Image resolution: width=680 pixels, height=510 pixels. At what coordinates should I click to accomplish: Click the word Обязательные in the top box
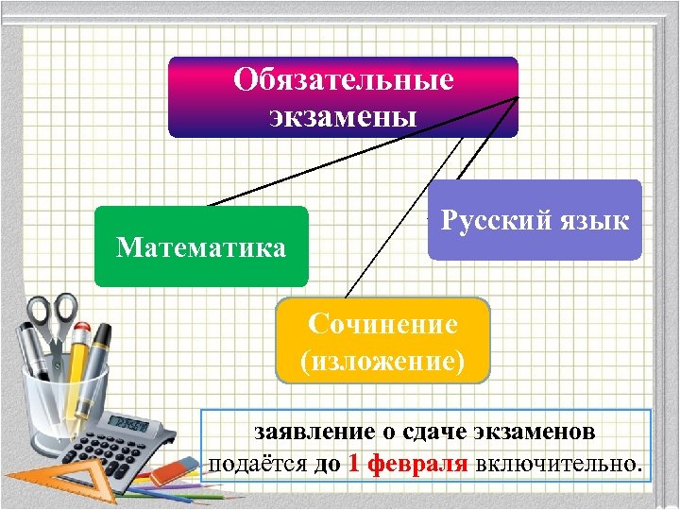(344, 79)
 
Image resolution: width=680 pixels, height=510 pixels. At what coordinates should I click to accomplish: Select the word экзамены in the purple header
(344, 117)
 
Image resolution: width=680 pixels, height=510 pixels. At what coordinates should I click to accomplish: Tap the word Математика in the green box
(200, 247)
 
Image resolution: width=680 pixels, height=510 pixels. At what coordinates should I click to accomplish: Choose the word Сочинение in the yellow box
(382, 325)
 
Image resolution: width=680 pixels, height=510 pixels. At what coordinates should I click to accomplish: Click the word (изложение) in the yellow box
(382, 361)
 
